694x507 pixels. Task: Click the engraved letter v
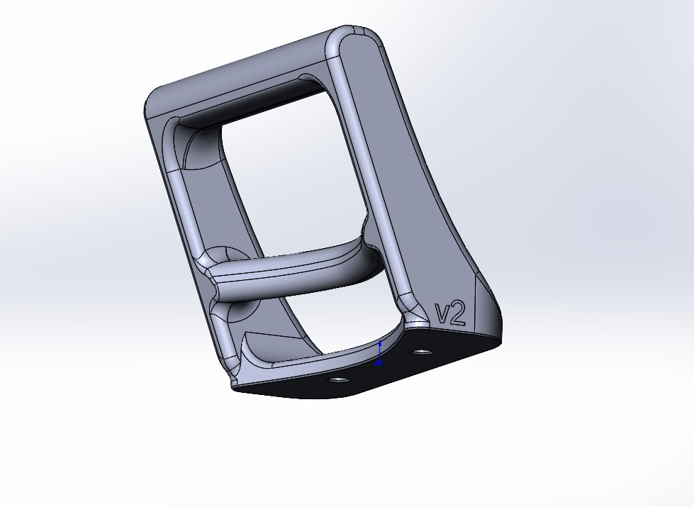442,314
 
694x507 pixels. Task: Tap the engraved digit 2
458,313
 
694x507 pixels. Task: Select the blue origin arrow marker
379,354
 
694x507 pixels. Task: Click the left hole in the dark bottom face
337,380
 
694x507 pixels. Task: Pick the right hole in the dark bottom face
420,352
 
